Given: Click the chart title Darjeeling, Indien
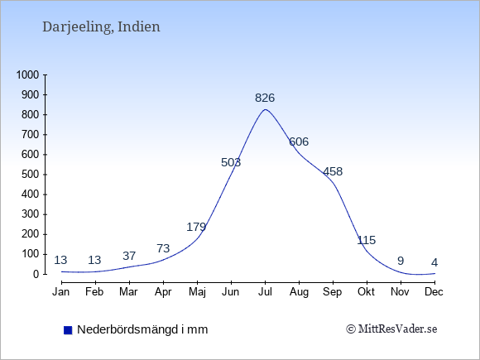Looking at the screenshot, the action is (101, 27).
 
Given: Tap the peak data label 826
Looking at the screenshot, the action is (265, 98).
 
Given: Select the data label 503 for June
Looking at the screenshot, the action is (231, 162).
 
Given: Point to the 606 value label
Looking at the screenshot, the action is (299, 142).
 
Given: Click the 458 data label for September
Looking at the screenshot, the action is (333, 171).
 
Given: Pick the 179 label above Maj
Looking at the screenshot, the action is (196, 227).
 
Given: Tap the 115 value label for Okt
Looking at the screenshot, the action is (367, 240).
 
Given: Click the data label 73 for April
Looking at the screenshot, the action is (163, 248).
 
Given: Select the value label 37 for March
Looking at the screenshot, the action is (129, 256).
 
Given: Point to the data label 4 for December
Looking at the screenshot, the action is (434, 262).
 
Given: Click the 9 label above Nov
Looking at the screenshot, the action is (401, 262).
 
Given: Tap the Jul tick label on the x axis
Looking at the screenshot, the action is (265, 292).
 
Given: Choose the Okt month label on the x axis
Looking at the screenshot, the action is (366, 292).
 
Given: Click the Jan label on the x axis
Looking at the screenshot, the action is (61, 292).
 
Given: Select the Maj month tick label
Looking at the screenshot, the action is (197, 292).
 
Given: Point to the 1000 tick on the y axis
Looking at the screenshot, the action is (27, 74).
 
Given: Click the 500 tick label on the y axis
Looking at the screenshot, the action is (31, 175).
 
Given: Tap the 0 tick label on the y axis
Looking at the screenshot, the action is (36, 274).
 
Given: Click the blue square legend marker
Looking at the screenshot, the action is (68, 330).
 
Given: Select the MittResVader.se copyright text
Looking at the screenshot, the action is (391, 329).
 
